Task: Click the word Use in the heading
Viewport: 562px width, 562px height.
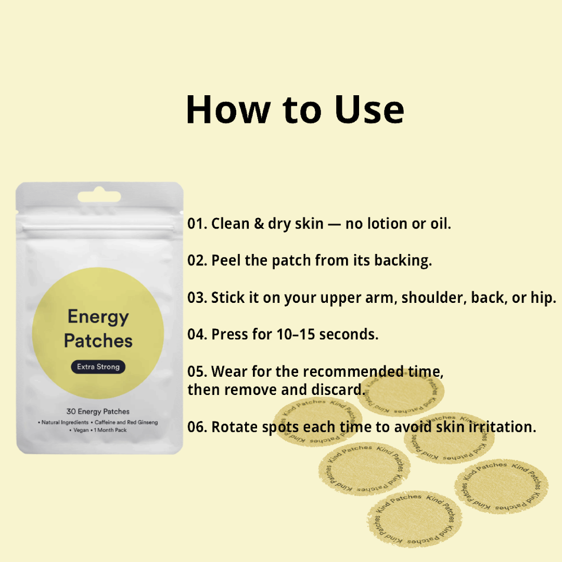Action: (369, 110)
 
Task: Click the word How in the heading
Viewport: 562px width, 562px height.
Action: (228, 110)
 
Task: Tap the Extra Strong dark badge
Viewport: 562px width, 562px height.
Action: (98, 367)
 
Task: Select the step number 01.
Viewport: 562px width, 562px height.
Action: (197, 224)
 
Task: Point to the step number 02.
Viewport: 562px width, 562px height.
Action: (197, 260)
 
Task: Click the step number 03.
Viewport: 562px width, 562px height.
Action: (197, 298)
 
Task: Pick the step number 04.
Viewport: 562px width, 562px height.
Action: (197, 334)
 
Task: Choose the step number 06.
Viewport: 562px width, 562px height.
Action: (197, 427)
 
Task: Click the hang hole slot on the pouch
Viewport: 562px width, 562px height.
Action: (99, 197)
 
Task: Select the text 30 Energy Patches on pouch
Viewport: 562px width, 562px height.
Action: (98, 412)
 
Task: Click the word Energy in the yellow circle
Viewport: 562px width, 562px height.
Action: (98, 317)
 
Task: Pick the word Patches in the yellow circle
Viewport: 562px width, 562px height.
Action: (98, 341)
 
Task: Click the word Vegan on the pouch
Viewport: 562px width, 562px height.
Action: (81, 430)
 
